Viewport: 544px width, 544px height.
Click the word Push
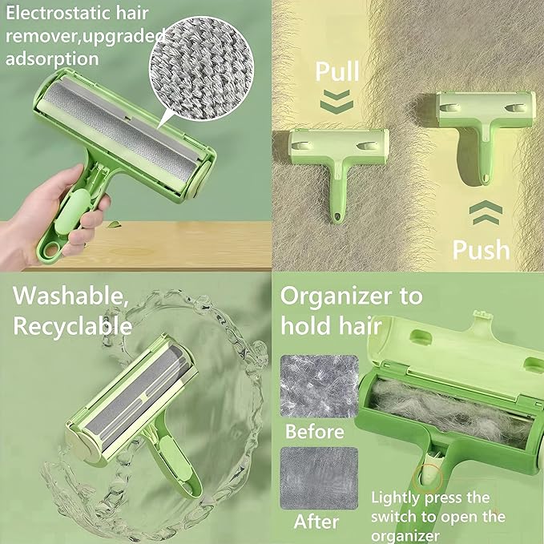pyautogui.click(x=481, y=249)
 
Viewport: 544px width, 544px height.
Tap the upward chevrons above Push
pyautogui.click(x=486, y=214)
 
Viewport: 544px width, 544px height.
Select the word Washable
pyautogui.click(x=71, y=296)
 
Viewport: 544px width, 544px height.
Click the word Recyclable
pyautogui.click(x=72, y=326)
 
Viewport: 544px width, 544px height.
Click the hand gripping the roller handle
pyautogui.click(x=68, y=208)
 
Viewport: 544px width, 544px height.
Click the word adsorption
pyautogui.click(x=52, y=58)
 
